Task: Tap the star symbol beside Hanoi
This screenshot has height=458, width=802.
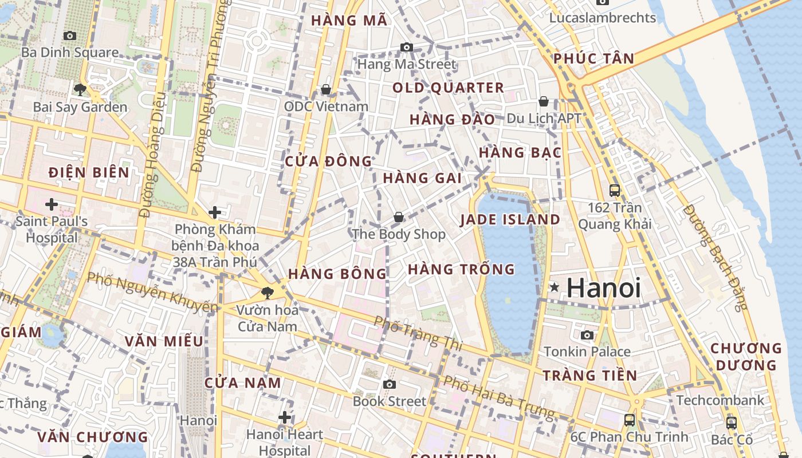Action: (x=554, y=287)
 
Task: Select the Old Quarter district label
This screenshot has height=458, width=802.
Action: (x=448, y=88)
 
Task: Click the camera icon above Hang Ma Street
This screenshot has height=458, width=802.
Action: (x=407, y=47)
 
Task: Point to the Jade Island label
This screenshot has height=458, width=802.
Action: (x=510, y=219)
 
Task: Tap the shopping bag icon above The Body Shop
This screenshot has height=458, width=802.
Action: (x=399, y=217)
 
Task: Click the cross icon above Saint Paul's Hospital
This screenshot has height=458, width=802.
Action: (x=52, y=204)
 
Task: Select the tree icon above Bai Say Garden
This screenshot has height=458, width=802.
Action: (x=80, y=89)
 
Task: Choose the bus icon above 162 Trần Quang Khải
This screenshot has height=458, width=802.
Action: (x=615, y=191)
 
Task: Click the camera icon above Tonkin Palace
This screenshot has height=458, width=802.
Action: (x=587, y=335)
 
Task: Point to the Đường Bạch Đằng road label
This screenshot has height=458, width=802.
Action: (x=717, y=257)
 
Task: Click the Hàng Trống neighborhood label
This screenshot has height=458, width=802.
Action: (x=461, y=269)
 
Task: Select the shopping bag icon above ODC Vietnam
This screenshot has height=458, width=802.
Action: (x=326, y=89)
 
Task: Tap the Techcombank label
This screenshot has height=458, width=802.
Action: (x=720, y=400)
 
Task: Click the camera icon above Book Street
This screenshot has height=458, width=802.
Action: (x=390, y=384)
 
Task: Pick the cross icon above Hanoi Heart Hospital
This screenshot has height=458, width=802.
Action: (x=285, y=417)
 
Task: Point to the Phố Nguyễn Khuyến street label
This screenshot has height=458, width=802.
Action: (x=152, y=293)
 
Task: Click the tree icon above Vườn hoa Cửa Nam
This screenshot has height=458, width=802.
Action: (x=267, y=293)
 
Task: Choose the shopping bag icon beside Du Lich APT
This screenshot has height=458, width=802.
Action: (x=544, y=101)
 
